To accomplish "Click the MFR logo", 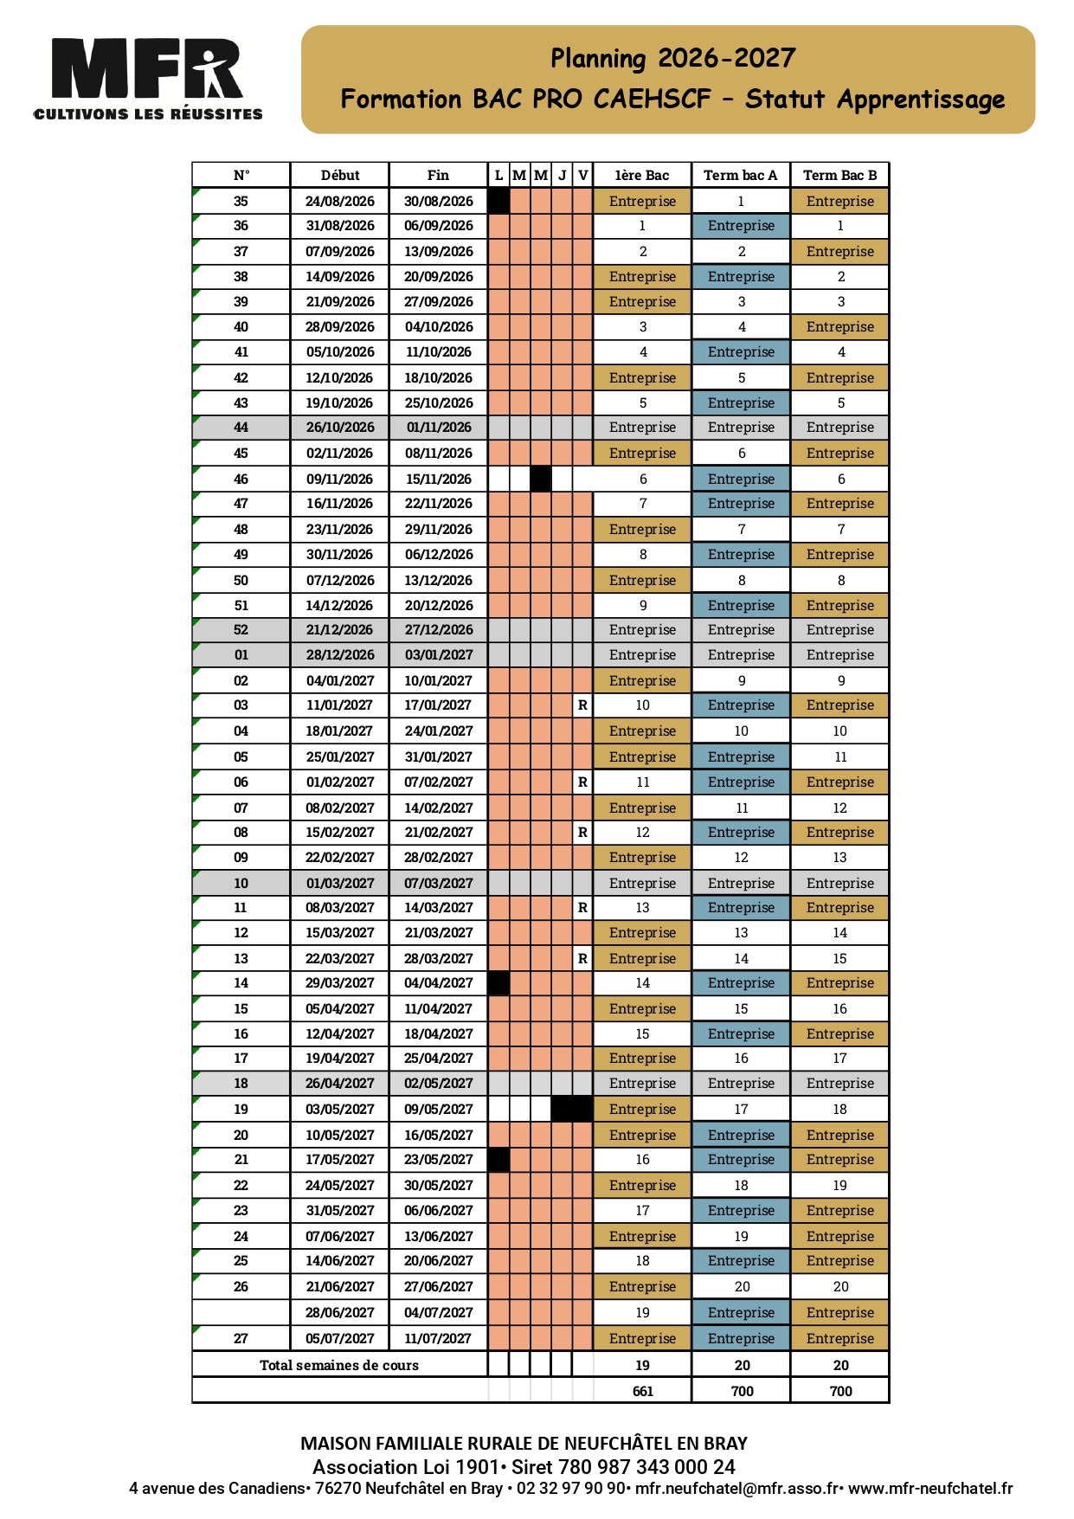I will [x=147, y=78].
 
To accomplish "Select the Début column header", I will [x=340, y=175].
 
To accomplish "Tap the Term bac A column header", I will [x=741, y=175].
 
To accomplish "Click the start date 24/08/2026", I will [x=340, y=201].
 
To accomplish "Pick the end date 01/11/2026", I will [x=439, y=428].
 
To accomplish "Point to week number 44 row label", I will [x=241, y=428].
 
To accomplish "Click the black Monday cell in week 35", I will [x=498, y=201].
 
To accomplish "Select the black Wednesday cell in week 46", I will [x=541, y=479].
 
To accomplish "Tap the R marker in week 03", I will [x=583, y=705].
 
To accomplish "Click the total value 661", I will [x=643, y=1391].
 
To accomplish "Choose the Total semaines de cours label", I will [x=339, y=1365].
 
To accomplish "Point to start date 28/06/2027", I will [x=340, y=1312].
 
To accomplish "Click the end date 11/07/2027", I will [x=439, y=1338].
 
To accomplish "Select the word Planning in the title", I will [x=598, y=59].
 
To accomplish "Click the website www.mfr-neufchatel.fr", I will [x=930, y=1489].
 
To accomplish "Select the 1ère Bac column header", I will [x=642, y=175].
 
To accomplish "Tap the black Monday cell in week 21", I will [x=498, y=1160].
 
